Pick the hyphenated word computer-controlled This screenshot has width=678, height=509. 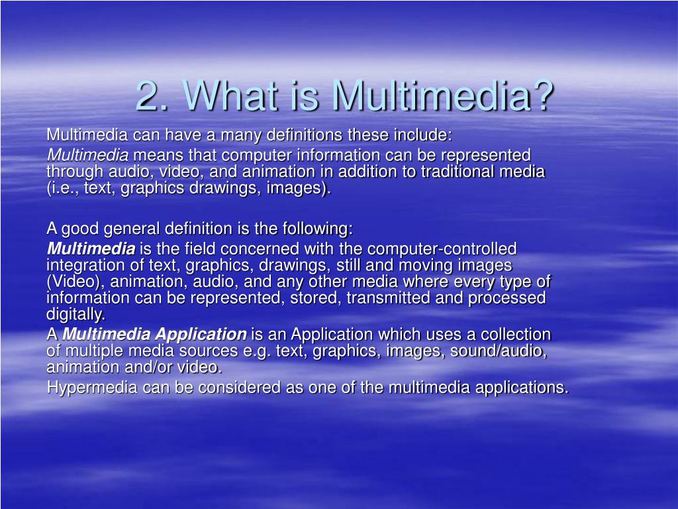tap(442, 249)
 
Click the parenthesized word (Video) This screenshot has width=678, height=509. tap(75, 282)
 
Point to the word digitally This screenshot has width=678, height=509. tap(75, 314)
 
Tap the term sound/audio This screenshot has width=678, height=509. tap(499, 351)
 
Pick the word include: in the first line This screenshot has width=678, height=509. tap(423, 135)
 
